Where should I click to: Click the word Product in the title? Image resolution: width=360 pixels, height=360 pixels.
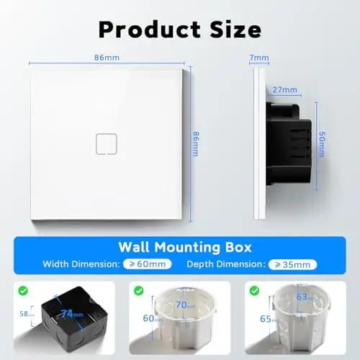tap(150, 30)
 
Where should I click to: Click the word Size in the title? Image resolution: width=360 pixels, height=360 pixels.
tap(235, 30)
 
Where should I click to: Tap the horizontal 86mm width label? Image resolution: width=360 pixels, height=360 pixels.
tap(107, 58)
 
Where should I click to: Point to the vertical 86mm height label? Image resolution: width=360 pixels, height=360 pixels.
tap(196, 144)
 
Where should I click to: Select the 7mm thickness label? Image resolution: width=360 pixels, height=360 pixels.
tap(259, 58)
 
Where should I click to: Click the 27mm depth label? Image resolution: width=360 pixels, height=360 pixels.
tap(285, 90)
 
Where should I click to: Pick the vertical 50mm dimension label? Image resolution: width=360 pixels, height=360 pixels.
tap(322, 144)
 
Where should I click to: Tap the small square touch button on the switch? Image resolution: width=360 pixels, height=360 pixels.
tap(107, 144)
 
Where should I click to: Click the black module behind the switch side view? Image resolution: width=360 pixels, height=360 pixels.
tap(289, 143)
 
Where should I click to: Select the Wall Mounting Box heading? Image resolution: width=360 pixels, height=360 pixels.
tap(185, 247)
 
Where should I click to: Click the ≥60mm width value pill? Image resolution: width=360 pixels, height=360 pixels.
tap(148, 264)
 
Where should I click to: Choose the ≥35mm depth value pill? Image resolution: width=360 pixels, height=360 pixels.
tap(292, 264)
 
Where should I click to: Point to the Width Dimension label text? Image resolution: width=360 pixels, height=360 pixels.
tap(81, 264)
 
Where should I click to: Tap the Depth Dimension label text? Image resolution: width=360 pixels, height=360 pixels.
tap(226, 264)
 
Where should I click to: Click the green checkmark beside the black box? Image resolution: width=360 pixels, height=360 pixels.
tap(23, 291)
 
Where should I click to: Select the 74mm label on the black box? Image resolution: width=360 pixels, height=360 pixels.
tap(72, 313)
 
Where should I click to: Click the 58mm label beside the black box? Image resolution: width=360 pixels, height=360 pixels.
tap(27, 314)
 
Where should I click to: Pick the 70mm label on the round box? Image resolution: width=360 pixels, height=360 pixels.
tap(185, 305)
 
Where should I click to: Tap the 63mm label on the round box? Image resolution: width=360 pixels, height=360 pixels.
tap(306, 297)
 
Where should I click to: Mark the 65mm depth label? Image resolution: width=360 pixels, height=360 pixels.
tap(270, 319)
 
